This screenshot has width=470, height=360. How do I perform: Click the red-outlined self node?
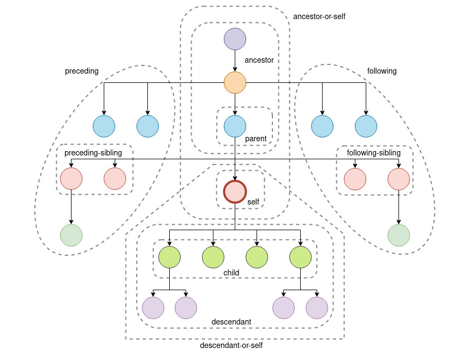click(x=235, y=192)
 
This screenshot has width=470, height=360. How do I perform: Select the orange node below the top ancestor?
click(x=235, y=83)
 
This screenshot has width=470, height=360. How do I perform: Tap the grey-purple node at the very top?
click(x=235, y=39)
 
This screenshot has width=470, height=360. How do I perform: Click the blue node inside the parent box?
click(x=235, y=127)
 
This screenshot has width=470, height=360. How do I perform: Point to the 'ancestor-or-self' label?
click(x=319, y=17)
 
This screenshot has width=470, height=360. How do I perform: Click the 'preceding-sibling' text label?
click(x=93, y=153)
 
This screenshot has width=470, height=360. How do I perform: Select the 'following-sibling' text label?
click(x=374, y=153)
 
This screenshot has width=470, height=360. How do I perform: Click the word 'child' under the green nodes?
click(x=231, y=273)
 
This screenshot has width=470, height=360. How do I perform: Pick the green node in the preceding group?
click(x=71, y=236)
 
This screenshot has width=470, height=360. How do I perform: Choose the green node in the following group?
click(x=398, y=236)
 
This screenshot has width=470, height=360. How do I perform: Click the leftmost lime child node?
click(x=169, y=257)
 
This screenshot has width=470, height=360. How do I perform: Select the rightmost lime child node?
click(x=300, y=257)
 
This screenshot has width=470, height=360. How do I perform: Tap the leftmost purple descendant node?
click(x=153, y=308)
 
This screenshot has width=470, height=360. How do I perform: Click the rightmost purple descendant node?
click(x=317, y=308)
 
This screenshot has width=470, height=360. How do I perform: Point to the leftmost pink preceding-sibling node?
click(x=71, y=179)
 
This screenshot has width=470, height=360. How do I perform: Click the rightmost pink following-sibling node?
click(x=398, y=179)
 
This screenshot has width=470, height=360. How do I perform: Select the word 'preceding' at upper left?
click(x=82, y=71)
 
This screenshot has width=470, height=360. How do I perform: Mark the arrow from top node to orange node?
click(x=235, y=61)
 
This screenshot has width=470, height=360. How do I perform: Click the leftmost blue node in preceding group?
click(x=104, y=127)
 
